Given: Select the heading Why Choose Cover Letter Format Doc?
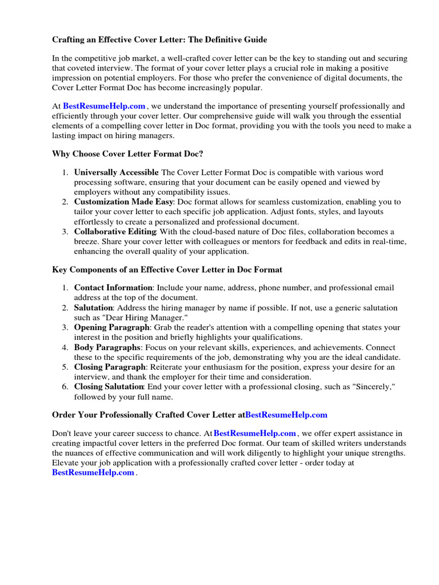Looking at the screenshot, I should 127,154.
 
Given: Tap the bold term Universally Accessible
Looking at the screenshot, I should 116,173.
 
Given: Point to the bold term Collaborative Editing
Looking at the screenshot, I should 115,231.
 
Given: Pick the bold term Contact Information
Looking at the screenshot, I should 113,288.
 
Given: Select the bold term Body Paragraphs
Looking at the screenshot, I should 107,347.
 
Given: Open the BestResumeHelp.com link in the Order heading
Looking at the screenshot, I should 286,415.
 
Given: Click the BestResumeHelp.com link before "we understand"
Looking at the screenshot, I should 104,106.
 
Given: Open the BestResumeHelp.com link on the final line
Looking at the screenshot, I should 93,472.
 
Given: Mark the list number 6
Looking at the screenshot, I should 65,387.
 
